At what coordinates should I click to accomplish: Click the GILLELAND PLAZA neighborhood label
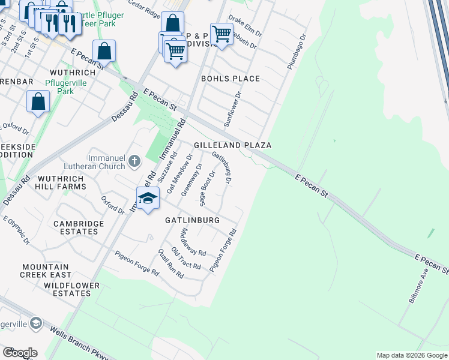(232, 145)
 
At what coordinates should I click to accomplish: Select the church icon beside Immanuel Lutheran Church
(134, 160)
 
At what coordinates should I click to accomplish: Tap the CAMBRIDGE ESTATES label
(79, 228)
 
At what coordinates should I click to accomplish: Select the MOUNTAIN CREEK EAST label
(46, 271)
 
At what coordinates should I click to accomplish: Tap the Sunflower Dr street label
(232, 109)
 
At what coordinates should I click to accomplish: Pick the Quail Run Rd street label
(170, 263)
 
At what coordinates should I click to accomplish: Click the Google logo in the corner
(19, 353)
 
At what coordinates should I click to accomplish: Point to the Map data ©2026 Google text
(411, 355)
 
